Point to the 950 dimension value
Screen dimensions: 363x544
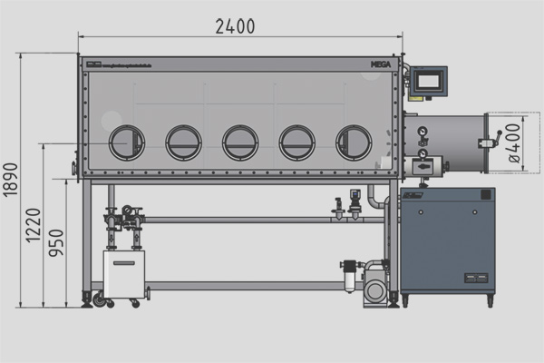tap(58, 241)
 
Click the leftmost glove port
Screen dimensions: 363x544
tap(126, 142)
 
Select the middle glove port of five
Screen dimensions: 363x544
tap(240, 142)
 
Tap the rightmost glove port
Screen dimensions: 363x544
tap(354, 142)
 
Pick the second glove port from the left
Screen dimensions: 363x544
tap(183, 142)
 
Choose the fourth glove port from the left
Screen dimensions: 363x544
tap(296, 142)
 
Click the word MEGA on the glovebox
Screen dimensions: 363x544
tap(382, 64)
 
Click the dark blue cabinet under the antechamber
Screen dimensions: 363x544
tap(447, 240)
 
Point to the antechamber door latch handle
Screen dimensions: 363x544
tap(493, 142)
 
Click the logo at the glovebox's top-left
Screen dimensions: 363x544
tap(92, 64)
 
